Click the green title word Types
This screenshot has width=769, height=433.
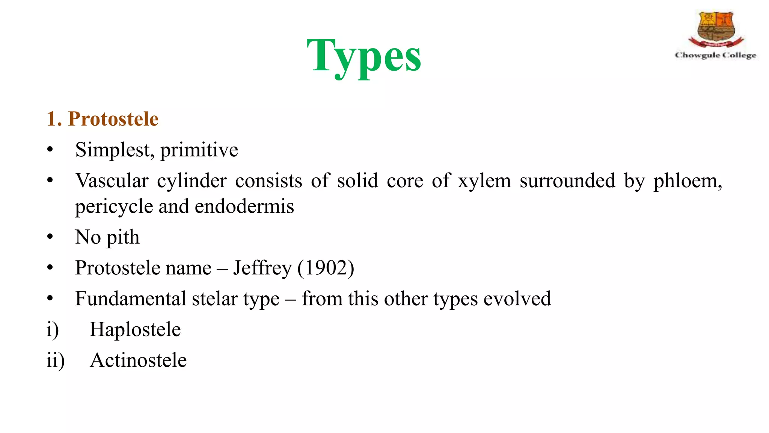(364, 56)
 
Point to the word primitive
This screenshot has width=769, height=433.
(199, 150)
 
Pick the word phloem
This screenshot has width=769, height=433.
(687, 181)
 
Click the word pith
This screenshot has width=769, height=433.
(123, 238)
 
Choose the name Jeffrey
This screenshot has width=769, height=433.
(262, 268)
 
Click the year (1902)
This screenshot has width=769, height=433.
(326, 268)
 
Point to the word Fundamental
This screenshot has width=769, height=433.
(131, 299)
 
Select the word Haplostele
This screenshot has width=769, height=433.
(135, 330)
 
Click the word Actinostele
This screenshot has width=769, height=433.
(138, 360)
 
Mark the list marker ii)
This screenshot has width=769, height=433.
(55, 360)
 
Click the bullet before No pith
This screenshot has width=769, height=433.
(50, 238)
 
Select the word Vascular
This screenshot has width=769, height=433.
(112, 181)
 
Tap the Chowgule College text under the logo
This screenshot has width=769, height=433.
(715, 55)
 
